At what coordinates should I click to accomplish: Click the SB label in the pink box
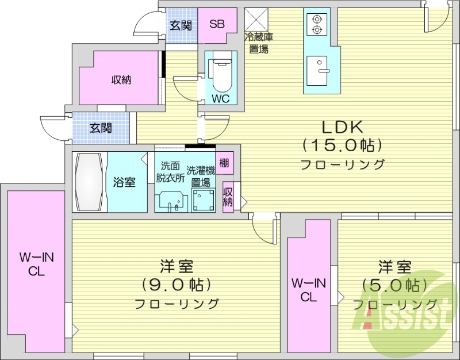click(217, 24)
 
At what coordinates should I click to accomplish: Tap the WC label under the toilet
click(220, 98)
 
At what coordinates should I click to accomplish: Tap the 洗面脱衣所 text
click(170, 170)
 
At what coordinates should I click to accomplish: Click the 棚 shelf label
click(224, 162)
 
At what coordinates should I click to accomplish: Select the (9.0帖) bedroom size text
click(176, 284)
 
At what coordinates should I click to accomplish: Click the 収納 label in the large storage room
click(121, 80)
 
